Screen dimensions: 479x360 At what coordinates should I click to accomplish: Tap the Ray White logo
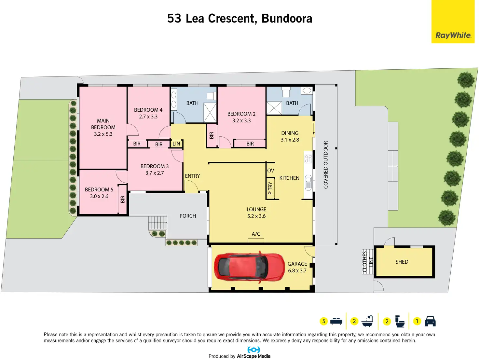click(453, 35)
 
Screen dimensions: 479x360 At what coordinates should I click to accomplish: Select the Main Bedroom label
click(103, 124)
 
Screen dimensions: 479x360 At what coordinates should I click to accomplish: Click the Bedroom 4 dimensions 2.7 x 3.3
click(148, 117)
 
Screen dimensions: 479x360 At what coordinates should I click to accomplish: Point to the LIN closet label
click(176, 144)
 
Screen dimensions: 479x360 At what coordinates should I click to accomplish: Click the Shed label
click(402, 262)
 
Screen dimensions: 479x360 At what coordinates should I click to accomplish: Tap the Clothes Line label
click(368, 262)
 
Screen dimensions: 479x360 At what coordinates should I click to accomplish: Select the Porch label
click(188, 216)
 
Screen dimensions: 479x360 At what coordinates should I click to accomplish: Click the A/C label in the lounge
click(256, 234)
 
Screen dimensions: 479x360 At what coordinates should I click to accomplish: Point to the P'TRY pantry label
click(270, 188)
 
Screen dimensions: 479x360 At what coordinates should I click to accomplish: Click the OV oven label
click(271, 171)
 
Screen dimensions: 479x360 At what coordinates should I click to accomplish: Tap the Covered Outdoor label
click(326, 165)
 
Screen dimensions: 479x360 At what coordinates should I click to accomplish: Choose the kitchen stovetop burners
click(308, 159)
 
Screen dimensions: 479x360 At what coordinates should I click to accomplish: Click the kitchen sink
click(308, 182)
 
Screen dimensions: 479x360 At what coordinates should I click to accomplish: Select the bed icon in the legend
click(336, 321)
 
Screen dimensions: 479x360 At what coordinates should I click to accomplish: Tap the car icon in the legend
click(430, 321)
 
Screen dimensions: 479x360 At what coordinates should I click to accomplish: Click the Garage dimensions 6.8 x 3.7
click(297, 270)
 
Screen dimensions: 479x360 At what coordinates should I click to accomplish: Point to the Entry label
click(192, 176)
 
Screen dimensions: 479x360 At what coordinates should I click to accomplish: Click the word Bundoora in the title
click(287, 18)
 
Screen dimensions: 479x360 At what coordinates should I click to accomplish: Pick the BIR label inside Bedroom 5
click(123, 199)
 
